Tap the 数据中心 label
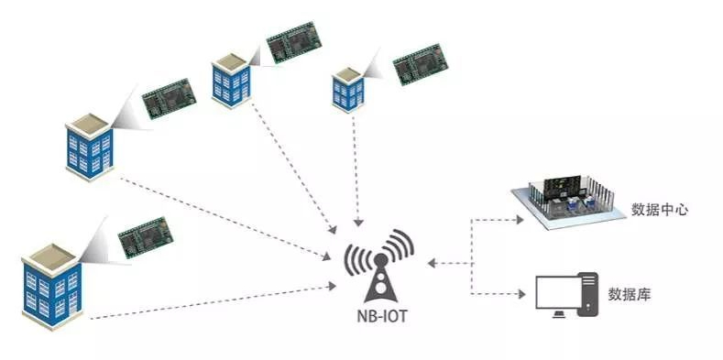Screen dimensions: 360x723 pyautogui.click(x=660, y=210)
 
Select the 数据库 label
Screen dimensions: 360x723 pyautogui.click(x=630, y=295)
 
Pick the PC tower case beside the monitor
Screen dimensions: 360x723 pyautogui.click(x=589, y=295)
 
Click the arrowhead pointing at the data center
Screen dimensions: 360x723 pyautogui.click(x=520, y=220)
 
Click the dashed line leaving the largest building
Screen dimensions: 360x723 pyautogui.click(x=211, y=306)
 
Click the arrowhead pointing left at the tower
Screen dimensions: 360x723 pyautogui.click(x=431, y=264)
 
